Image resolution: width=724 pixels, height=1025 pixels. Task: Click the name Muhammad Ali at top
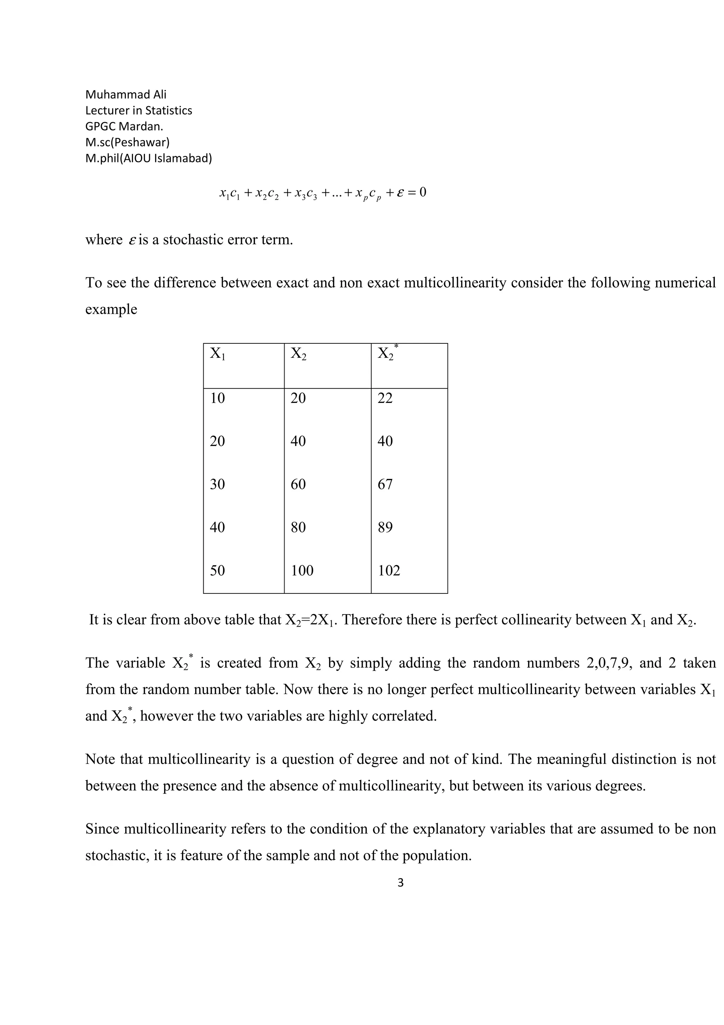(126, 95)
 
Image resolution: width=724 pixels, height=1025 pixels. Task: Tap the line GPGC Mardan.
(124, 126)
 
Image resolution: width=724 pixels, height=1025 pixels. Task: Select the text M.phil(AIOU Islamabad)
(148, 158)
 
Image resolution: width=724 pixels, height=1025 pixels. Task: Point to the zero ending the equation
(422, 192)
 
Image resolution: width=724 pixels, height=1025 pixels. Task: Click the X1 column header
(217, 354)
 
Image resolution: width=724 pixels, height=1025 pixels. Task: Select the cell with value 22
(385, 398)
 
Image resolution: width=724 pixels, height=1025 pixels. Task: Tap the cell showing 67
(385, 484)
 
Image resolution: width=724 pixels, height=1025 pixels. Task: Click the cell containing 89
(385, 527)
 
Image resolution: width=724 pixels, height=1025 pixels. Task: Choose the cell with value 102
(389, 571)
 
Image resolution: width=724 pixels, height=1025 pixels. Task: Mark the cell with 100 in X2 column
(302, 571)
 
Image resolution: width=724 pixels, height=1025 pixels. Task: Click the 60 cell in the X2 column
(298, 484)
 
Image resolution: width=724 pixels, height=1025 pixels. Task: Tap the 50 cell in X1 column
(217, 571)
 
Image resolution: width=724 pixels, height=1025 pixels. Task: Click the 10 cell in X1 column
(217, 398)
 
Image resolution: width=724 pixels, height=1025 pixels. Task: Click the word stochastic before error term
(193, 240)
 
